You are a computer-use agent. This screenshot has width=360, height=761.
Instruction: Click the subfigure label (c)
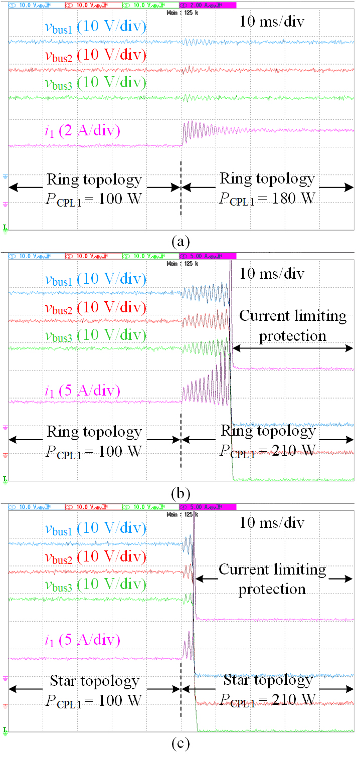click(180, 743)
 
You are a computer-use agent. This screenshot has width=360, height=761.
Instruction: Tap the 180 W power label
click(267, 198)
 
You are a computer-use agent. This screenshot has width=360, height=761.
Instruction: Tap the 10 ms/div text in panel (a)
click(271, 22)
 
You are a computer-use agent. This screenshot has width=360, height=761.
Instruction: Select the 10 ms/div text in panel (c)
click(271, 523)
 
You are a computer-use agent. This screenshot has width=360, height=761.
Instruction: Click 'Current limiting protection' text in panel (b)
click(293, 326)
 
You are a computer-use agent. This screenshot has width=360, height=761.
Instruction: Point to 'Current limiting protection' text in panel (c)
click(272, 579)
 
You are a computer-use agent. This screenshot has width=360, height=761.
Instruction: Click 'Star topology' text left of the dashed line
click(94, 681)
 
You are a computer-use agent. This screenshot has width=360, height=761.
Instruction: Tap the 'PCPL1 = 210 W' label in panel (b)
click(267, 450)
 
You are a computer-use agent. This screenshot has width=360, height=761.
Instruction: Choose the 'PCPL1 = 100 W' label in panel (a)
click(94, 198)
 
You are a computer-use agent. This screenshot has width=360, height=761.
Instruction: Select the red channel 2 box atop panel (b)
click(93, 256)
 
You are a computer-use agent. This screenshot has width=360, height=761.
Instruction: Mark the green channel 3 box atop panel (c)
click(150, 506)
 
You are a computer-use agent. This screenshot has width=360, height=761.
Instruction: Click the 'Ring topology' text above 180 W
click(267, 179)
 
